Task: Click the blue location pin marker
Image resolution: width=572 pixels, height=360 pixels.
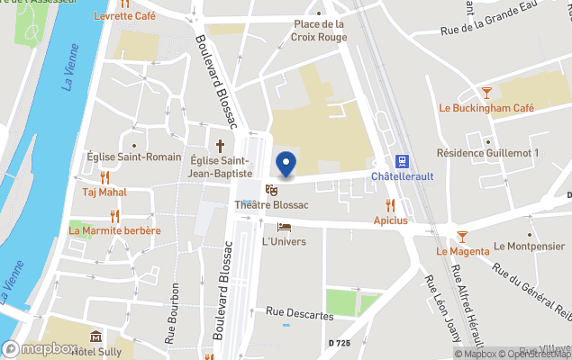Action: click(286, 165)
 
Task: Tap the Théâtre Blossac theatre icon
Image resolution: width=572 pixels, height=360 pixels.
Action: click(271, 189)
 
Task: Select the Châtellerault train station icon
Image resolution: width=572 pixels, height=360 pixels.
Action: click(403, 162)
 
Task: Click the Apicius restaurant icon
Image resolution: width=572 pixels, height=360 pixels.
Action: click(390, 205)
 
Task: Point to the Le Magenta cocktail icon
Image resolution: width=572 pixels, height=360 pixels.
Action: click(462, 237)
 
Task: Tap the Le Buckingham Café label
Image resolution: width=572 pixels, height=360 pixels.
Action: click(486, 108)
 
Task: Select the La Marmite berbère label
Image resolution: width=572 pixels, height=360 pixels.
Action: click(114, 230)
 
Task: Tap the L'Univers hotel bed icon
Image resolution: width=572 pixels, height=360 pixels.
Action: click(284, 227)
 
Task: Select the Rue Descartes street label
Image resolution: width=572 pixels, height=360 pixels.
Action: click(300, 315)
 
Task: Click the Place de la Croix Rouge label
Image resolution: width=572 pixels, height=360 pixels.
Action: click(319, 31)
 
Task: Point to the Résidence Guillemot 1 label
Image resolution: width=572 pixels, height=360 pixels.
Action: click(487, 154)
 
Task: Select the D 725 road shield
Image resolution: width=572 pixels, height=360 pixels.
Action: click(340, 344)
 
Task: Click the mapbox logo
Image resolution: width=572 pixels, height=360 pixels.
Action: click(40, 348)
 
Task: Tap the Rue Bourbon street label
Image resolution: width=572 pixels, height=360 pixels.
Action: click(171, 314)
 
